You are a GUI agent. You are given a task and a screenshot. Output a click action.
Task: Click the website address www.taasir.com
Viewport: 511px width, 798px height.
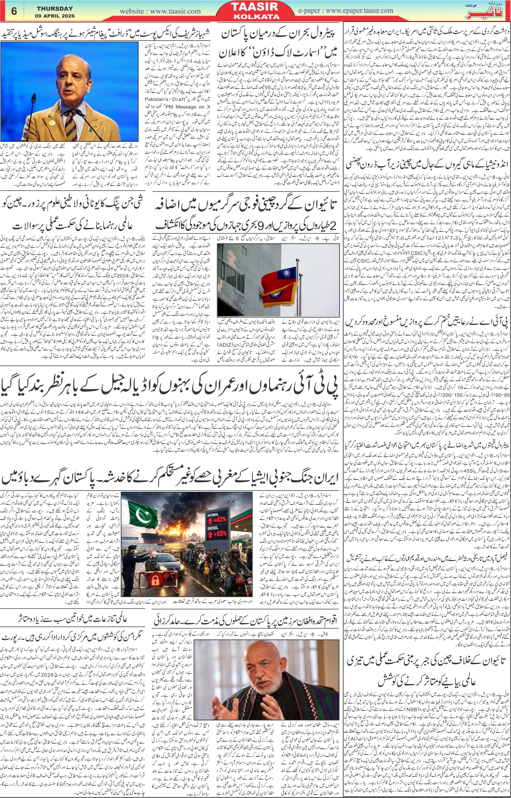[160, 11]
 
